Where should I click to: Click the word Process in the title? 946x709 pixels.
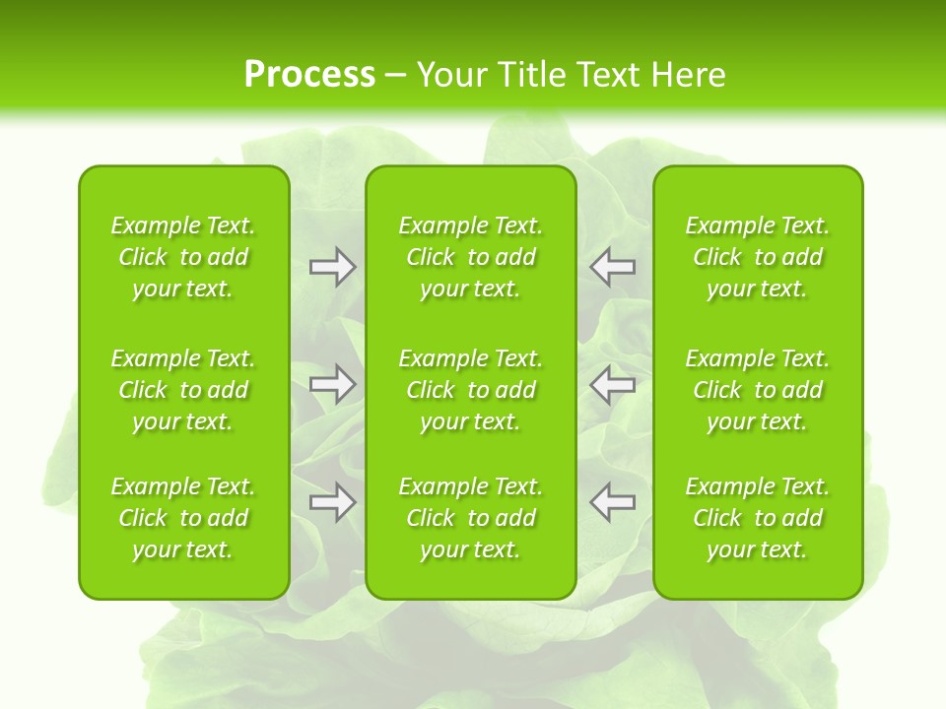pos(309,75)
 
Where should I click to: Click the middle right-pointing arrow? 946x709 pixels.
pos(333,384)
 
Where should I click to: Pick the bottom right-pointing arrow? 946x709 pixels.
pos(333,502)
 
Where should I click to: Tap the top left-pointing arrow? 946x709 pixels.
pos(612,266)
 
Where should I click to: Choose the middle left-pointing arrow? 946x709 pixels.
pos(612,384)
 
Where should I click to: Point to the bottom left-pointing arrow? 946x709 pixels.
pos(612,501)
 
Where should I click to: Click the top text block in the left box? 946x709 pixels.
pos(183,257)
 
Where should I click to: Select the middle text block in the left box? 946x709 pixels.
pos(183,390)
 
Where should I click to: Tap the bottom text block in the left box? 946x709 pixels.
pos(183,518)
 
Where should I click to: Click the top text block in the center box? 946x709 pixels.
pos(471,257)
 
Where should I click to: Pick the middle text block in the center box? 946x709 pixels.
pos(471,390)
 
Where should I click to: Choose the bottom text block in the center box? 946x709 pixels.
pos(471,518)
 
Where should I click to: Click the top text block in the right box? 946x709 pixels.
pos(758,257)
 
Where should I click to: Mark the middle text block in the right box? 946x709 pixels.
pos(758,390)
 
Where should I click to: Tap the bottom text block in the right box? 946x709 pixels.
pos(758,518)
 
